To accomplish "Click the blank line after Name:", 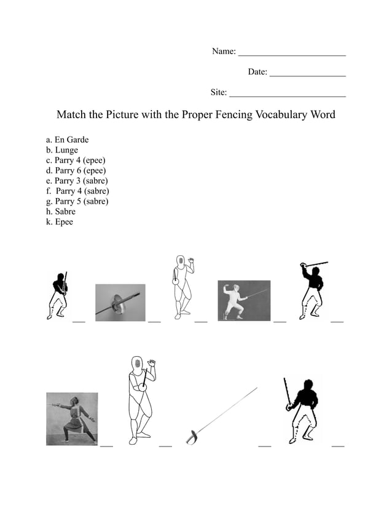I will pos(291,55).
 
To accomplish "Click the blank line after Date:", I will pos(307,76).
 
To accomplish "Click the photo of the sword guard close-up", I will pos(120,303).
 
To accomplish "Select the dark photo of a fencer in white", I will pos(244,300).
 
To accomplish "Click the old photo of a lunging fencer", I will pos(71,419).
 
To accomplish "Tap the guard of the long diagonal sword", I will pos(193,436).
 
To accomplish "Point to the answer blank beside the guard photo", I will pos(154,320).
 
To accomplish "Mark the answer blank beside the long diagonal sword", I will pos(265,445).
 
